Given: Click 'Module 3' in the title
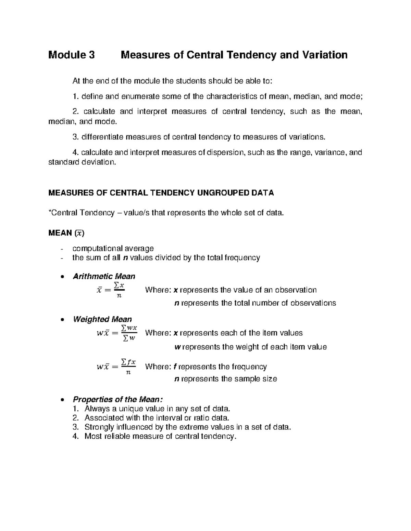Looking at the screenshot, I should tap(71, 55).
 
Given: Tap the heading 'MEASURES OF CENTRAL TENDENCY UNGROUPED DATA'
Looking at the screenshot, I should tap(161, 193).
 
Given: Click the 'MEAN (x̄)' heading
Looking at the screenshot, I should tap(66, 233).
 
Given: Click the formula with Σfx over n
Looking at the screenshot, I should tap(116, 367).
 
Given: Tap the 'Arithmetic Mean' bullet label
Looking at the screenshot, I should tap(104, 276).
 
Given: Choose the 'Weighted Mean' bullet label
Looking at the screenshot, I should tap(102, 319).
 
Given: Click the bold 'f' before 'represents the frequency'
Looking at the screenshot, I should tap(175, 367).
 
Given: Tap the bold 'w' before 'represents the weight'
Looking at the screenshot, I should tap(177, 347).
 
